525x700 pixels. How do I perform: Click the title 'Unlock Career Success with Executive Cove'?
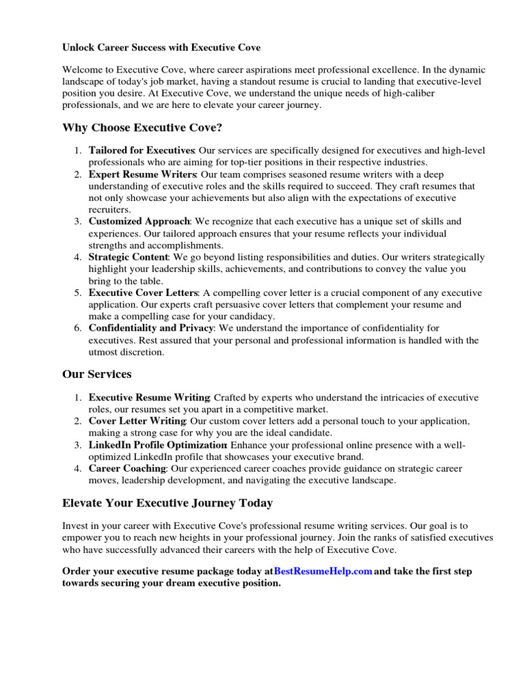(161, 48)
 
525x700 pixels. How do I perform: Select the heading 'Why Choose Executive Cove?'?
(142, 128)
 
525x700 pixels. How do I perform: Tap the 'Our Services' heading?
(97, 375)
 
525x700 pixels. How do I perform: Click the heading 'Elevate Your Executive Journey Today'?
(167, 503)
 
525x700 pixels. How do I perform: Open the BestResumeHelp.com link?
(323, 571)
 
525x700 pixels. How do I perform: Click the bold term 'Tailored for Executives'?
(142, 150)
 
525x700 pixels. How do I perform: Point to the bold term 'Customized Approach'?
(139, 221)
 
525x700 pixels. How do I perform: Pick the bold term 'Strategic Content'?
(129, 257)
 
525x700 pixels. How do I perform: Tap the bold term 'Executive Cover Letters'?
(142, 293)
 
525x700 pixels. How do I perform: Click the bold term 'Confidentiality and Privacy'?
(151, 328)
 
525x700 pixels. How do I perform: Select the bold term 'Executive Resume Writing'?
(149, 398)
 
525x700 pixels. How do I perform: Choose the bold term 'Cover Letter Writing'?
(137, 421)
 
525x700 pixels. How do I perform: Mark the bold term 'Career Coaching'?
(127, 469)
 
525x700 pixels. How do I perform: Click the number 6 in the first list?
(78, 328)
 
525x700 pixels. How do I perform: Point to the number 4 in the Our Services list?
(78, 469)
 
